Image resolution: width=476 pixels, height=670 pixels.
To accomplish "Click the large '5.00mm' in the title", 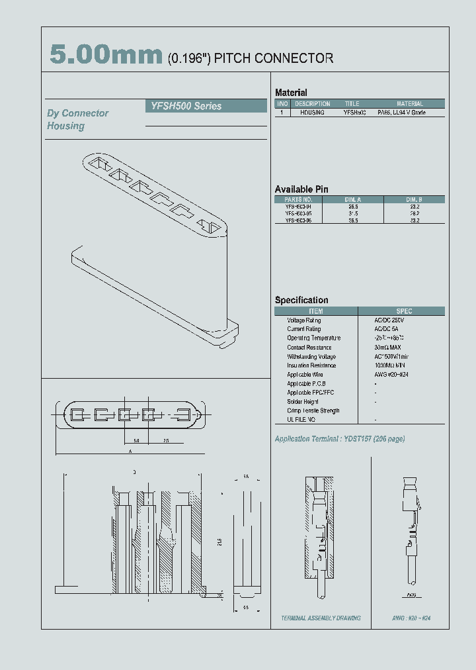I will pyautogui.click(x=106, y=56).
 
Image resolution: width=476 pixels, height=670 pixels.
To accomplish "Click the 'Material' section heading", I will pyautogui.click(x=291, y=93).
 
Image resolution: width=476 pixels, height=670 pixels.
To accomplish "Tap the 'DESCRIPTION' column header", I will pyautogui.click(x=312, y=104).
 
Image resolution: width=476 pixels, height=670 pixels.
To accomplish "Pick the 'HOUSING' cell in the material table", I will pyautogui.click(x=312, y=113).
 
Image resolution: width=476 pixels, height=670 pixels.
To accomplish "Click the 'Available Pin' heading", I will pyautogui.click(x=301, y=189).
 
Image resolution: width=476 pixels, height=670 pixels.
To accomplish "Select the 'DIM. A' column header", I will pyautogui.click(x=353, y=199).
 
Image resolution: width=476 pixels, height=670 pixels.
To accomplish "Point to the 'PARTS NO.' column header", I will pyautogui.click(x=298, y=199).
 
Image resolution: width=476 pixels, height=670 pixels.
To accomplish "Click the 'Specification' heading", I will pyautogui.click(x=301, y=300).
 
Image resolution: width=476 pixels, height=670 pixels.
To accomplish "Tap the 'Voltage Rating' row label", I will pyautogui.click(x=304, y=320).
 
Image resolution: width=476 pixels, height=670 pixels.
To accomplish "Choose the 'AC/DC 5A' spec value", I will pyautogui.click(x=387, y=329).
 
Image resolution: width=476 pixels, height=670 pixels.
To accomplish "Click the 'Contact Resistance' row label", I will pyautogui.click(x=309, y=348).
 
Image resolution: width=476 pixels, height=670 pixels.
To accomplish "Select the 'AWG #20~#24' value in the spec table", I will pyautogui.click(x=391, y=375).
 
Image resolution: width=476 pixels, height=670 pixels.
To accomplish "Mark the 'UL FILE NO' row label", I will pyautogui.click(x=301, y=420).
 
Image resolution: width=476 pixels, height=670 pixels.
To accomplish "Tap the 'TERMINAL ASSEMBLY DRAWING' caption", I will pyautogui.click(x=321, y=618).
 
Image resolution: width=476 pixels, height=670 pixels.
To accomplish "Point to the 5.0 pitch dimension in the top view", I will pyautogui.click(x=136, y=440).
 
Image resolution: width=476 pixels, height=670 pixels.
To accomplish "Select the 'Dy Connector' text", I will pyautogui.click(x=77, y=113).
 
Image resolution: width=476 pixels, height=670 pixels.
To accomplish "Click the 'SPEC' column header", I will pyautogui.click(x=403, y=311).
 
